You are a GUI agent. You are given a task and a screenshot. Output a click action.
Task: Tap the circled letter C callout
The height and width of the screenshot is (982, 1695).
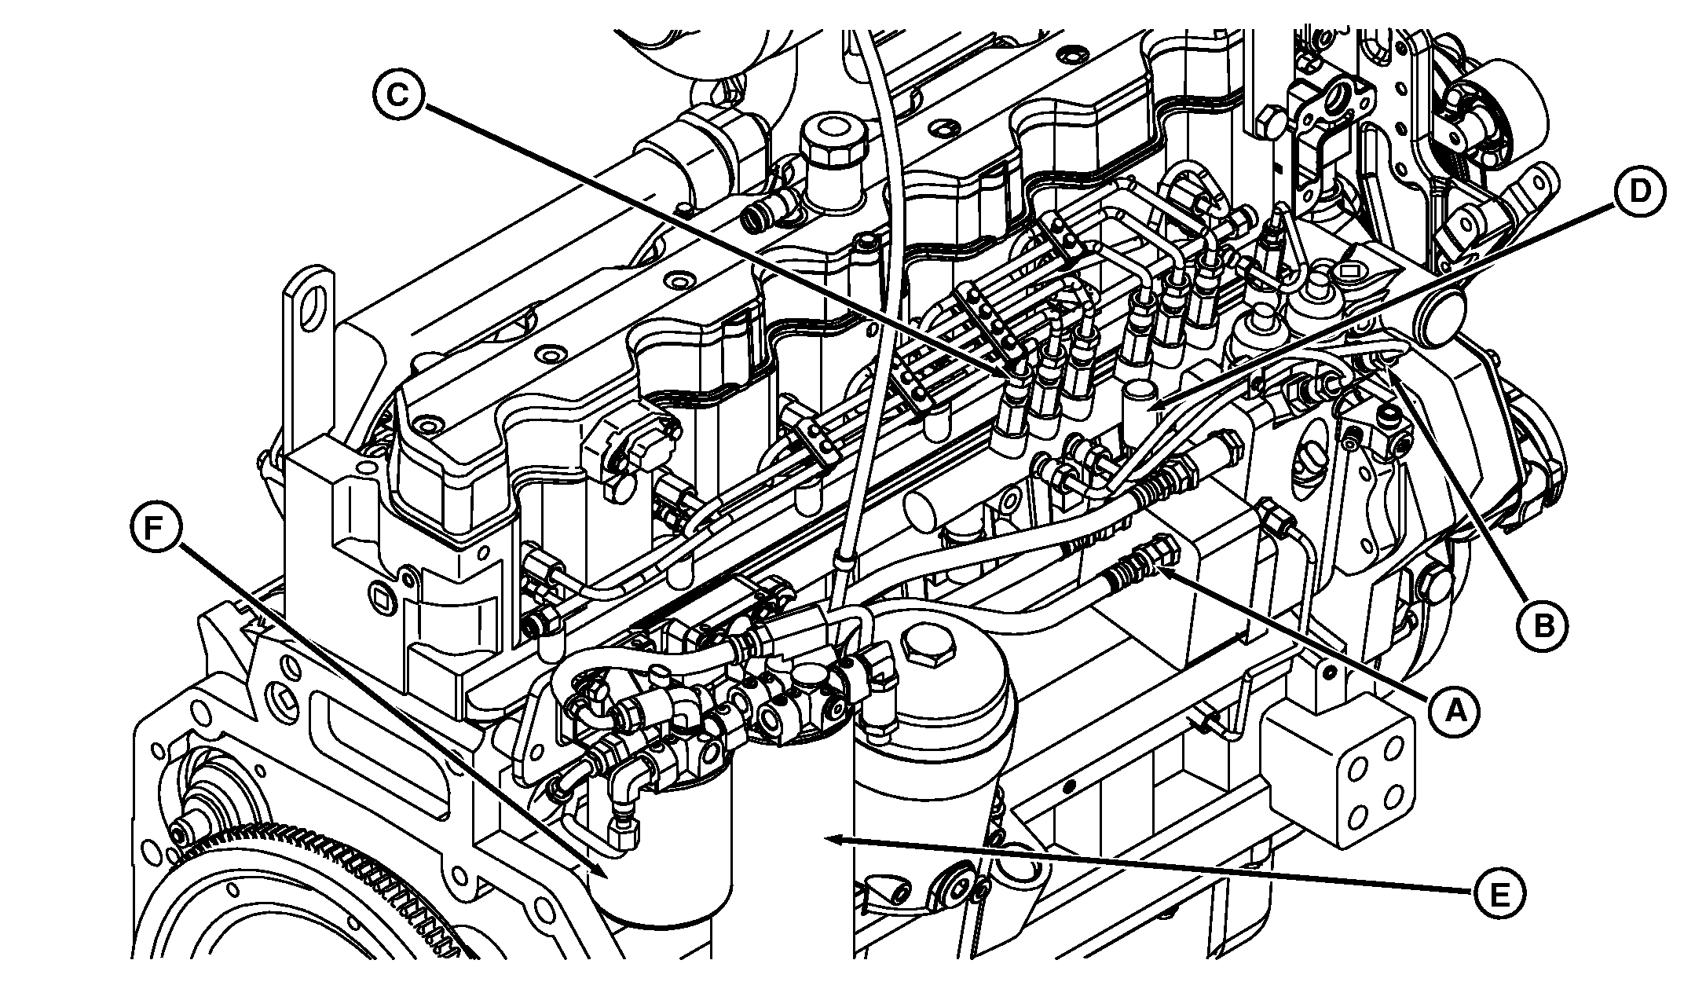click(398, 95)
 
